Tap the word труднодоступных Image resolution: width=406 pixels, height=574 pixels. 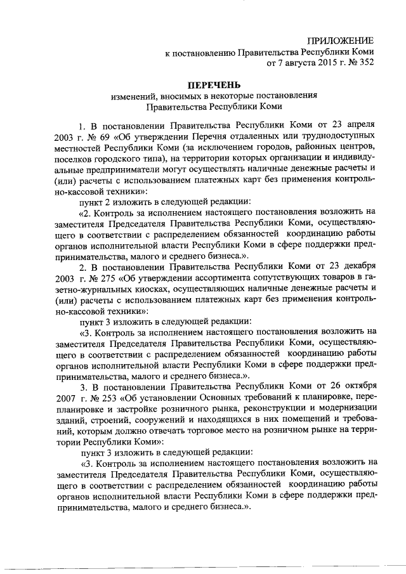[335, 136]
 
